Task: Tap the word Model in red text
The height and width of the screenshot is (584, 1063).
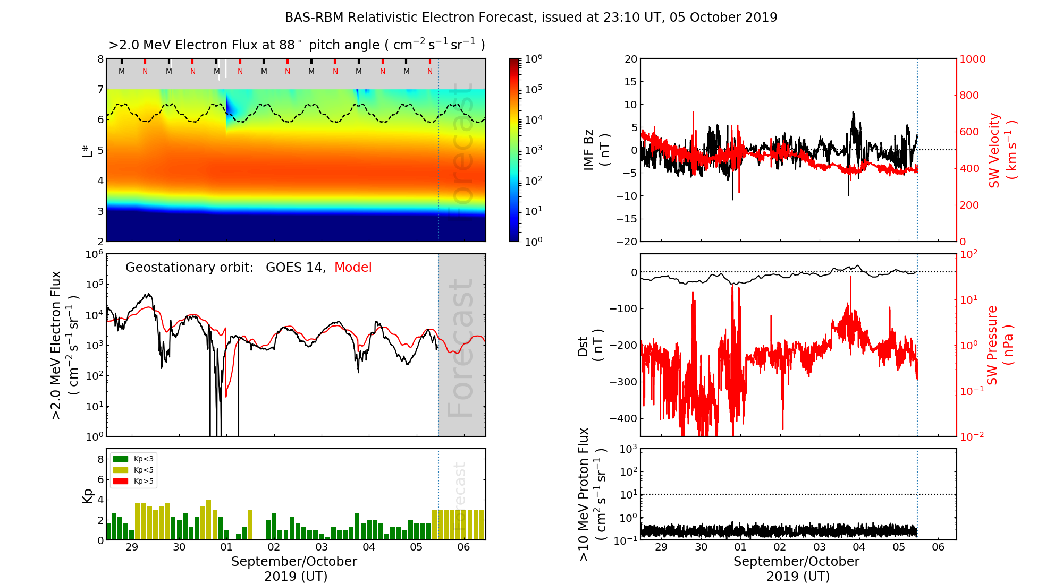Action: pos(353,268)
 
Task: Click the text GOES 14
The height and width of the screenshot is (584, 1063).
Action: pos(295,268)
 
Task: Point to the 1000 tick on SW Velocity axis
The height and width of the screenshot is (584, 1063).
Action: pos(972,59)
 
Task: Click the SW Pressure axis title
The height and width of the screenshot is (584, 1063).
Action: pos(1000,345)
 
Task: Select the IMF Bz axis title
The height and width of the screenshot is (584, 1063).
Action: pos(596,150)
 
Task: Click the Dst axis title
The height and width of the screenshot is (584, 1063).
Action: pos(589,345)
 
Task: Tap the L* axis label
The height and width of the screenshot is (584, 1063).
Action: pos(87,150)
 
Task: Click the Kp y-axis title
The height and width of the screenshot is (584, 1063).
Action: pos(88,495)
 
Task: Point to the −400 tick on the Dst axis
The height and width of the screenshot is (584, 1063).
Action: pos(623,418)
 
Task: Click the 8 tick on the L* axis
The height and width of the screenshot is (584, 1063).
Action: pos(100,59)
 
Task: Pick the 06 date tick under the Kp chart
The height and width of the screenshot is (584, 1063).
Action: pos(463,547)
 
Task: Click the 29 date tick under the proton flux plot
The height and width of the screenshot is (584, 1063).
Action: pos(661,547)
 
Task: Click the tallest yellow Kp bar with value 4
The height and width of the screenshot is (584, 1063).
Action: pos(208,519)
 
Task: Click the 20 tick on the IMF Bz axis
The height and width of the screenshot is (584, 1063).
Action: pos(630,59)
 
